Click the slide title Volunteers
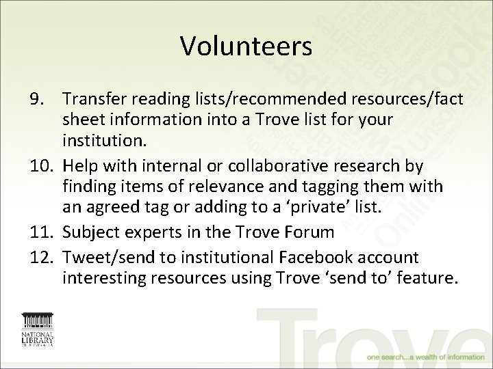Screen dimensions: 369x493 pos(246,46)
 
